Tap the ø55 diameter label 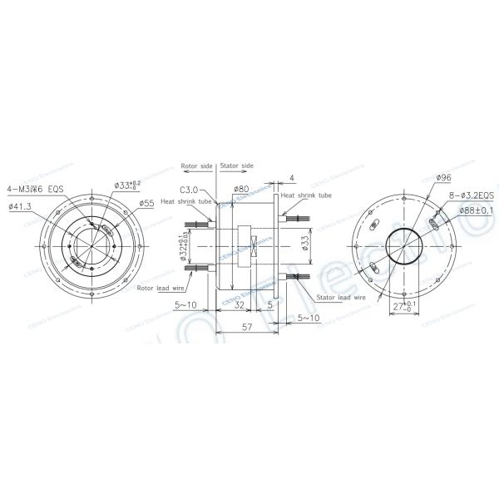(x=146, y=202)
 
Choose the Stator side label (x=237, y=165)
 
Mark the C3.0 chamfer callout (x=189, y=189)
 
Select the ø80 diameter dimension (x=243, y=188)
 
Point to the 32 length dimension (x=239, y=305)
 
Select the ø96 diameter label (x=443, y=177)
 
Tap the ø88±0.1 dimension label (x=475, y=210)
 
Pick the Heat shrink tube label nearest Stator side (x=307, y=195)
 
